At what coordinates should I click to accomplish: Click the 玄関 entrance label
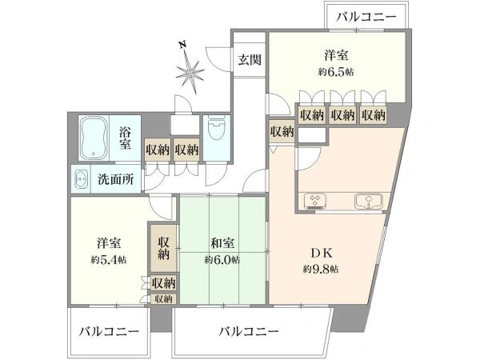coord(250,60)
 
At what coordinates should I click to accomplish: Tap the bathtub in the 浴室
coord(94,138)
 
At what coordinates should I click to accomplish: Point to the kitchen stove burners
coord(314,201)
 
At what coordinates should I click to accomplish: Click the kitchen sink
coord(369,201)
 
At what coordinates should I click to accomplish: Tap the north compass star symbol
coord(190,74)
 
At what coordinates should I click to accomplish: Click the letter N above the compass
coord(182,45)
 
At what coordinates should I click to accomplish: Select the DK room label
coord(321,253)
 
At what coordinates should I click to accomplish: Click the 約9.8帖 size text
coord(321,269)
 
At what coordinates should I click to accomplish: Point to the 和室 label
coord(222,243)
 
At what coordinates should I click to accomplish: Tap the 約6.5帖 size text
coord(336,72)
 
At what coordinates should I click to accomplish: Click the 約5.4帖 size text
coord(109,260)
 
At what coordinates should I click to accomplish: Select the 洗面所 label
coord(116,179)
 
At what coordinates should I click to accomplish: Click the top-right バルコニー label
coord(366,17)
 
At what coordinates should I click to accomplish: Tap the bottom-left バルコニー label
coord(110,331)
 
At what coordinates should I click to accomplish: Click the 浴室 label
coord(125,138)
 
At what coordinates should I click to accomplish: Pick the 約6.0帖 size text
coord(222,260)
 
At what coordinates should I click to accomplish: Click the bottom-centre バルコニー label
coord(249,331)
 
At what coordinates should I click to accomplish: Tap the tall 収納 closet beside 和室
coord(163,249)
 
